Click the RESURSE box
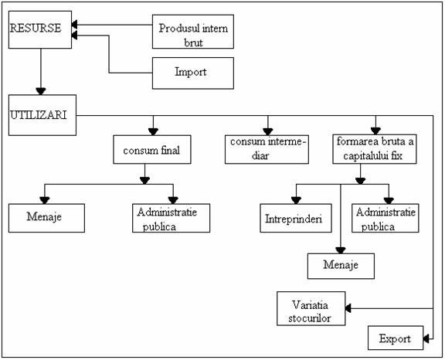pyautogui.click(x=40, y=29)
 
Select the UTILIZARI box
pyautogui.click(x=42, y=115)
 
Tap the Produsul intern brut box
pyautogui.click(x=193, y=32)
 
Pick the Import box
pyautogui.click(x=193, y=73)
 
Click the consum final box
pyautogui.click(x=152, y=150)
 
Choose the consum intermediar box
pyautogui.click(x=267, y=150)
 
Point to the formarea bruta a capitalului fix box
pyautogui.click(x=375, y=149)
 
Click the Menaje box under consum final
pyautogui.click(x=46, y=218)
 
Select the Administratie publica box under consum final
pyautogui.click(x=172, y=218)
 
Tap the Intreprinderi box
pyautogui.click(x=296, y=218)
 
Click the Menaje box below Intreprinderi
pyautogui.click(x=341, y=266)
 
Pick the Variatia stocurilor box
pyautogui.click(x=311, y=308)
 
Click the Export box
pyautogui.click(x=396, y=338)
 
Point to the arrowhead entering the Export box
pyautogui.click(x=426, y=338)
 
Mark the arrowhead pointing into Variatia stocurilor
pyautogui.click(x=348, y=308)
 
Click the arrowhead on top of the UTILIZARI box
pyautogui.click(x=41, y=91)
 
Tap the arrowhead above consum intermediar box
pyautogui.click(x=267, y=131)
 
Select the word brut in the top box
pyautogui.click(x=194, y=42)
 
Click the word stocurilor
pyautogui.click(x=310, y=318)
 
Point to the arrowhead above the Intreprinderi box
pyautogui.click(x=296, y=201)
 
